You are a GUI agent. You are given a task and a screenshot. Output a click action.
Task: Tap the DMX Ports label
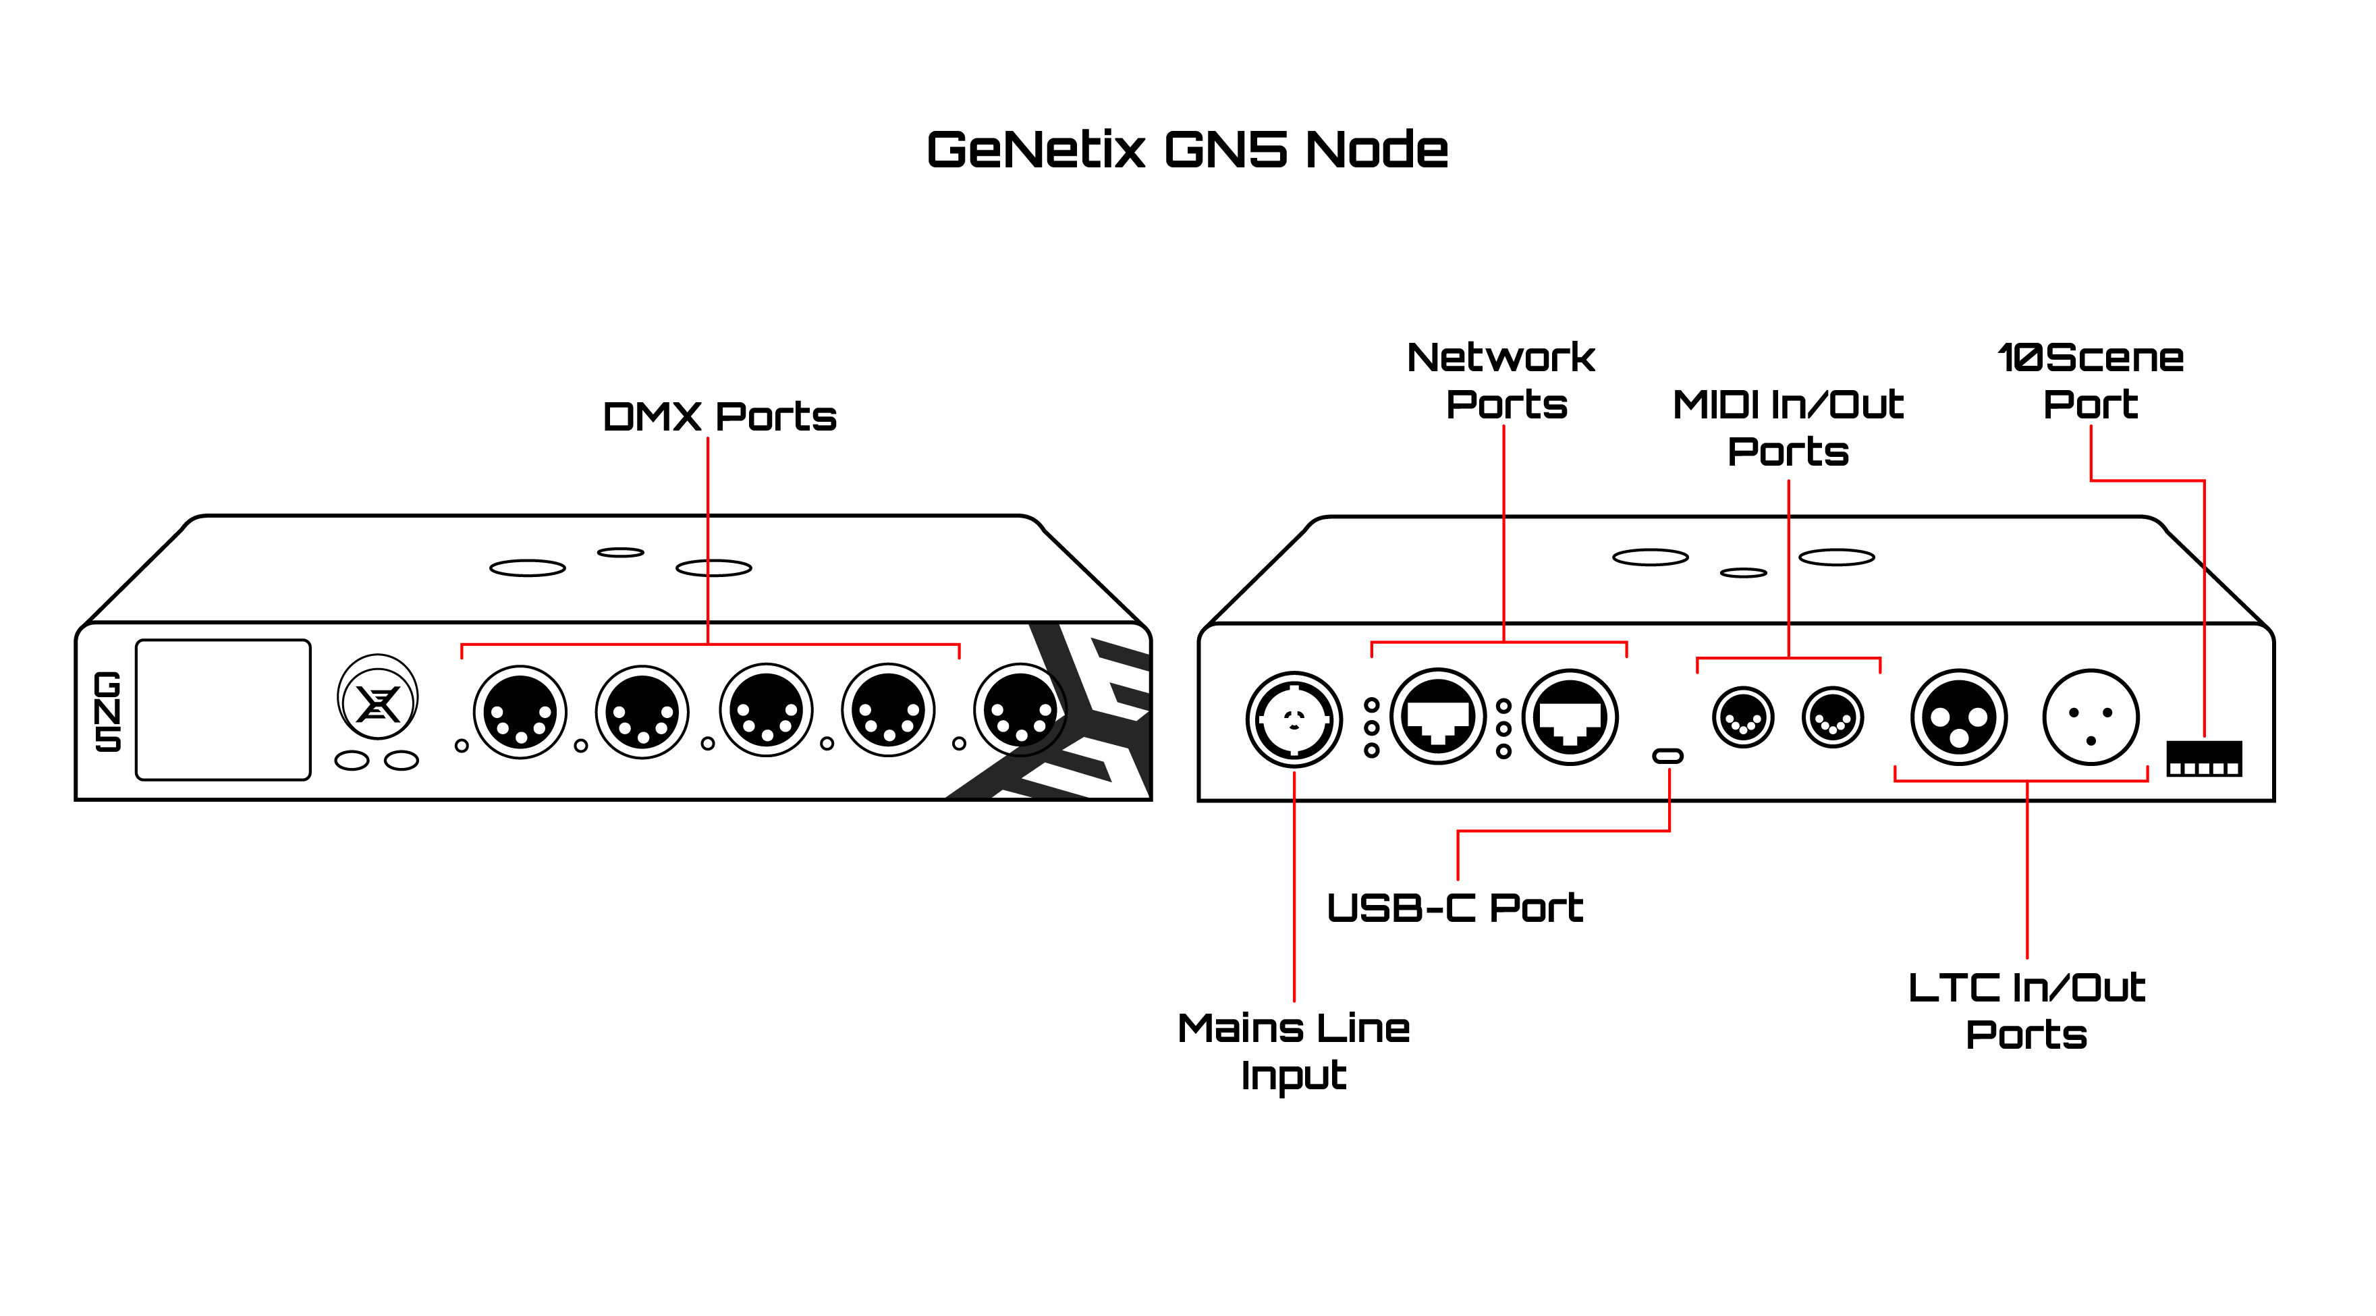(x=719, y=417)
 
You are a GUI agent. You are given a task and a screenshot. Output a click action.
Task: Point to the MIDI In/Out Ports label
(x=1788, y=428)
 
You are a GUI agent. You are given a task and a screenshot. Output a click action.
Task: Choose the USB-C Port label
(x=1455, y=908)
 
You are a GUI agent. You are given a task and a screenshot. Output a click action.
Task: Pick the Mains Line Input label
(x=1293, y=1051)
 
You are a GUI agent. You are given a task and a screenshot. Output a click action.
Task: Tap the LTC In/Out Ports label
(x=2026, y=1011)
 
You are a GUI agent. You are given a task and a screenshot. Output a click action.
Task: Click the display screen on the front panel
(x=223, y=710)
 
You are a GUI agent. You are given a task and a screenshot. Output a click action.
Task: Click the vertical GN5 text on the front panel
(x=108, y=711)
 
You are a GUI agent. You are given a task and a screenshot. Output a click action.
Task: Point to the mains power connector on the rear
(x=1294, y=719)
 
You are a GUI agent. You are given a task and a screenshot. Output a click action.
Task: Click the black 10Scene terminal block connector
(x=2203, y=759)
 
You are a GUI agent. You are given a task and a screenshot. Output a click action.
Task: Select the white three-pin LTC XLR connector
(x=2090, y=717)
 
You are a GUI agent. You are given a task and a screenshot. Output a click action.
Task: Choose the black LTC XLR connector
(x=1958, y=717)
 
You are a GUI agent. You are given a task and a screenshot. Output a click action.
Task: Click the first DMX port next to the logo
(x=520, y=712)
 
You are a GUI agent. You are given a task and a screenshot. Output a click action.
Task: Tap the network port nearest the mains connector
(x=1438, y=717)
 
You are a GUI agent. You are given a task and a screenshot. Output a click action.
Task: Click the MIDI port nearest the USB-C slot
(x=1742, y=717)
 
